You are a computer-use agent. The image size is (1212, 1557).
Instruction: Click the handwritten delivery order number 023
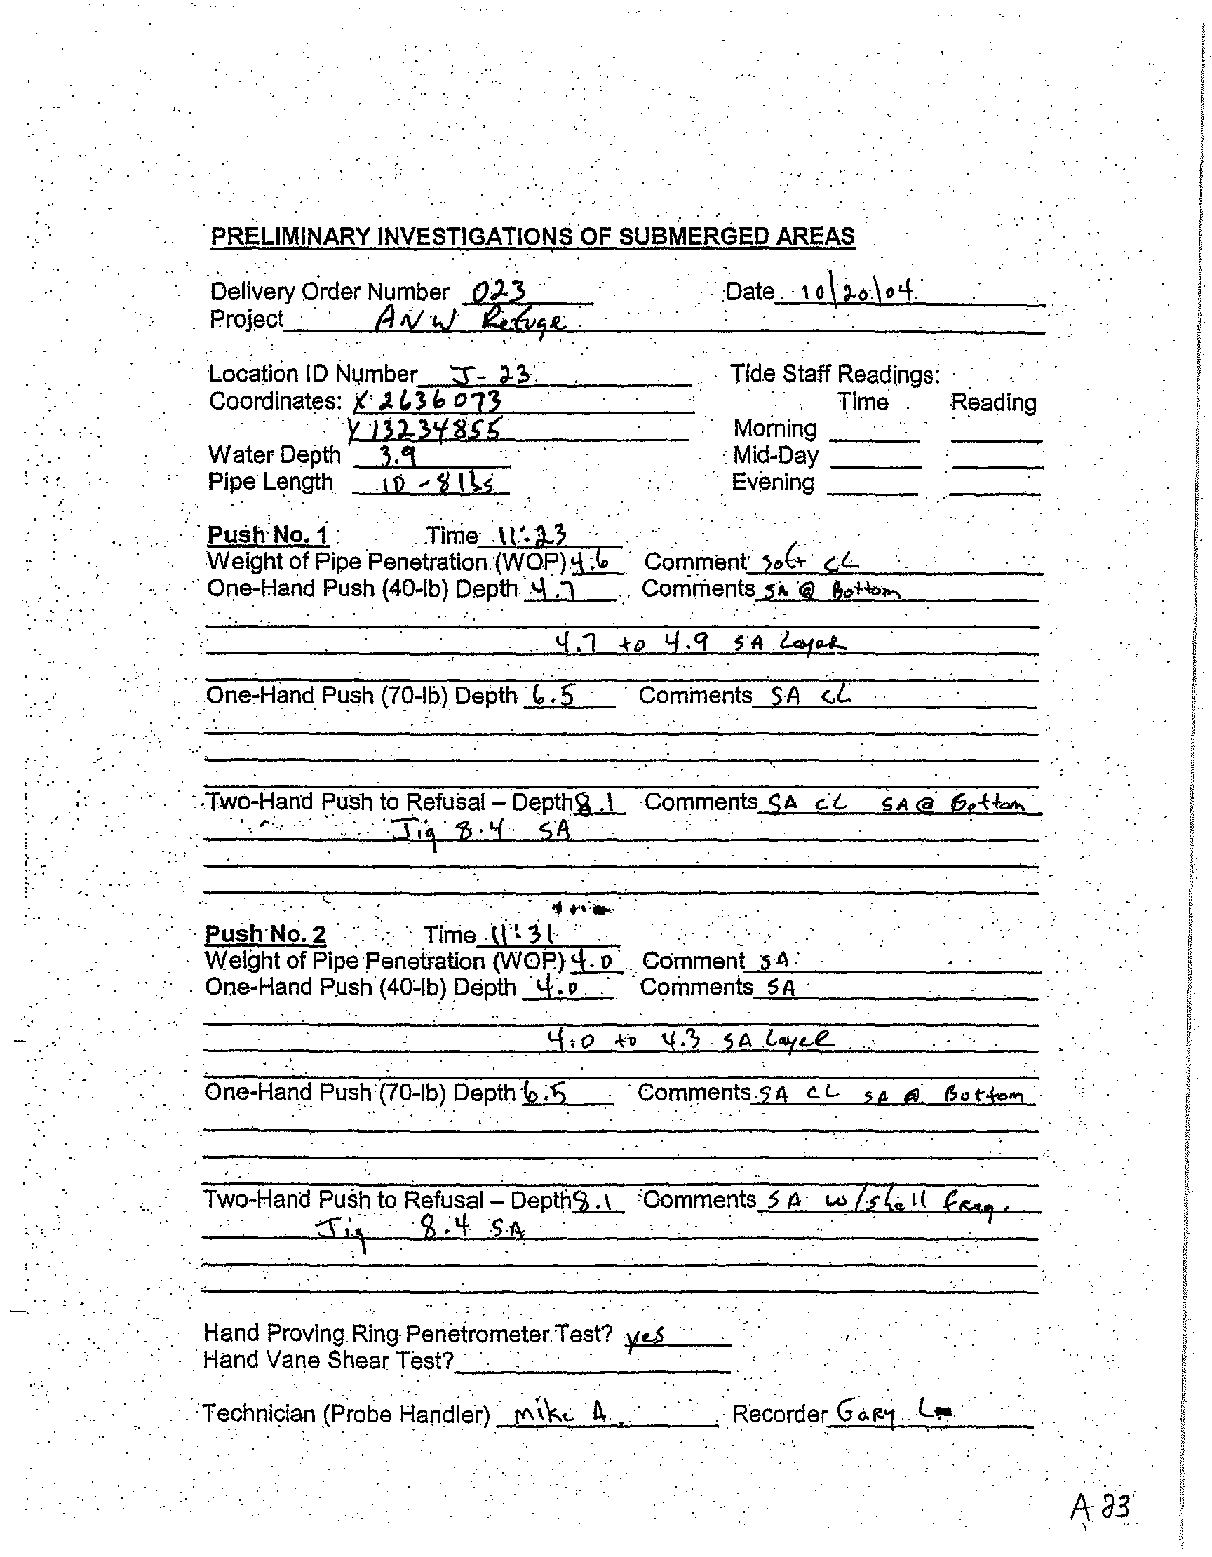[x=499, y=291]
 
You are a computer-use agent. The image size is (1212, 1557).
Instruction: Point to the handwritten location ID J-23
[x=489, y=374]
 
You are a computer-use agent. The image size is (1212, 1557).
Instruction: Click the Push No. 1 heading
[x=267, y=534]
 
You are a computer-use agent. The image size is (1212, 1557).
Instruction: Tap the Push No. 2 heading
[x=265, y=933]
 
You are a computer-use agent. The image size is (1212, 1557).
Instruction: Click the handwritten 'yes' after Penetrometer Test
[x=645, y=1335]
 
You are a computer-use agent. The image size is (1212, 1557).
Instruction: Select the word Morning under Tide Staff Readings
[x=774, y=429]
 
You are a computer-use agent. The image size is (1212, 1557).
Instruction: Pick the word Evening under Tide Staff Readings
[x=773, y=483]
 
